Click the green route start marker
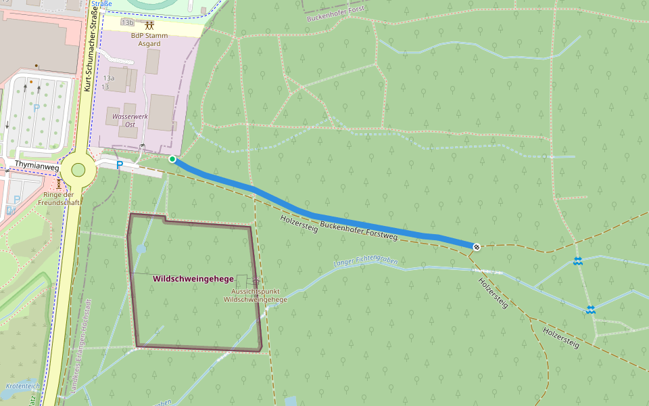[x=172, y=159]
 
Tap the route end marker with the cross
[x=477, y=247]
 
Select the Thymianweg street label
[x=31, y=164]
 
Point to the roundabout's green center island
[x=78, y=170]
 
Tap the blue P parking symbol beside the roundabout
[x=120, y=164]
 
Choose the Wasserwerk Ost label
[x=124, y=120]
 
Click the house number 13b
[x=127, y=22]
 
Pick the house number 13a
[x=108, y=78]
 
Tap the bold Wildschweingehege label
[x=193, y=279]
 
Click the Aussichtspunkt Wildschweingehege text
[x=255, y=295]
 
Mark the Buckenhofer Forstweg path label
[x=358, y=231]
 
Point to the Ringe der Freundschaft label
[x=59, y=198]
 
